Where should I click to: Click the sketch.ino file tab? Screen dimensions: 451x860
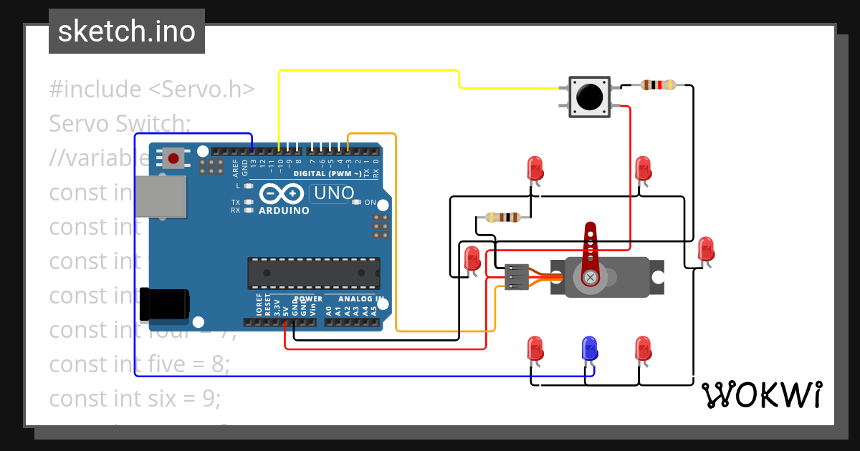tap(127, 31)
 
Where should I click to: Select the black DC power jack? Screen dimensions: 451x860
tap(163, 303)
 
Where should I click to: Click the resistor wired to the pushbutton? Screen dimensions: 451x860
tap(658, 85)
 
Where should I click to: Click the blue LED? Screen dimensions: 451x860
tap(589, 349)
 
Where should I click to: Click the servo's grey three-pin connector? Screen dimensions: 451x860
tap(516, 277)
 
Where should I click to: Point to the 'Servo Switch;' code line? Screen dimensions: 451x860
tap(120, 124)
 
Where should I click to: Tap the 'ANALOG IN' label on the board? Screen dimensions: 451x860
tap(361, 299)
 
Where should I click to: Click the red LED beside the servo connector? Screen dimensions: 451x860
tap(472, 258)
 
